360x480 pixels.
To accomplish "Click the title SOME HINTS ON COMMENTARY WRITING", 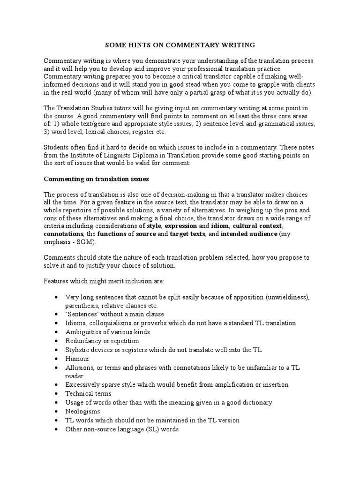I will click(180, 45).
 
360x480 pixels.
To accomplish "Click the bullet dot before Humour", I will click(56, 359).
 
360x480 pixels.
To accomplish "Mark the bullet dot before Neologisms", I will click(56, 412).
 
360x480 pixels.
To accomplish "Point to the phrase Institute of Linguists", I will click(99, 155).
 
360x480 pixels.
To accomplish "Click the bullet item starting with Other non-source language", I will click(122, 429).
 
